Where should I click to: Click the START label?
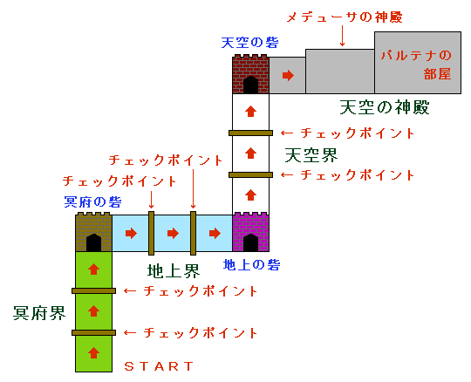(159, 366)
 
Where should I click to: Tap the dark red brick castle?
(250, 74)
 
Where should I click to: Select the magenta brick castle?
(250, 232)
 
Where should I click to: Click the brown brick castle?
(93, 232)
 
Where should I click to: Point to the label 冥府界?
(39, 313)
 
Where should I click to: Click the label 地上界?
(174, 271)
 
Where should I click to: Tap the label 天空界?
(311, 155)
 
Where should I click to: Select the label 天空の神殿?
(385, 107)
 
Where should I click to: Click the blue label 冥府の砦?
(92, 201)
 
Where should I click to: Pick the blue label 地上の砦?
(252, 265)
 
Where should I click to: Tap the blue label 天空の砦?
(250, 43)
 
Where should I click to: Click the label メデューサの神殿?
(345, 17)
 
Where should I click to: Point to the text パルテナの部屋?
(417, 65)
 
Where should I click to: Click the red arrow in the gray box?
(288, 75)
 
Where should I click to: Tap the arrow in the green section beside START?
(93, 353)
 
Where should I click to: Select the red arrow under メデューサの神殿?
(342, 36)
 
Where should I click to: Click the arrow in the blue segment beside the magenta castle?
(215, 233)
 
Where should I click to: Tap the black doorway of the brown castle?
(93, 242)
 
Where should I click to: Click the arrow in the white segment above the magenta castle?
(250, 194)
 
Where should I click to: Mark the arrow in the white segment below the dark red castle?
(250, 111)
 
